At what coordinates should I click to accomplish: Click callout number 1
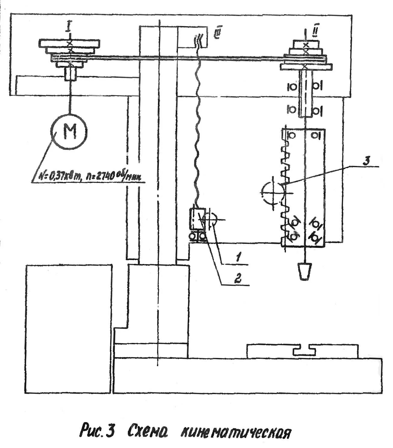click(x=238, y=258)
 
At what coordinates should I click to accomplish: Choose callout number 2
click(x=237, y=278)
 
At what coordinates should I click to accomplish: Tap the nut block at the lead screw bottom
click(x=196, y=219)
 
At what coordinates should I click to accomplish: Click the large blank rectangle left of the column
click(x=69, y=328)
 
